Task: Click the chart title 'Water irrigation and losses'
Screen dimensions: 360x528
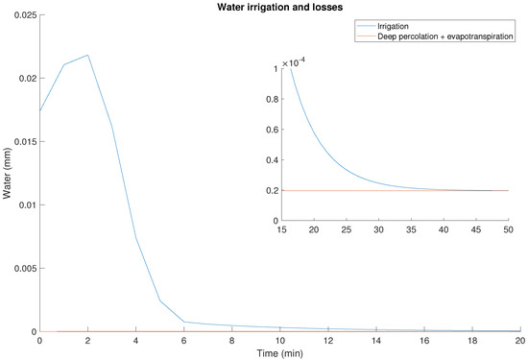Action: [279, 8]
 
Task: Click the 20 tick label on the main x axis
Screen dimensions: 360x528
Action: [519, 340]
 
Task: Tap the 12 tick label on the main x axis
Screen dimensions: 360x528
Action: [328, 340]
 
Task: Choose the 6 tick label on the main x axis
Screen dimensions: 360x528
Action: [184, 340]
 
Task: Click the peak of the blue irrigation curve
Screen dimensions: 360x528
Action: [88, 55]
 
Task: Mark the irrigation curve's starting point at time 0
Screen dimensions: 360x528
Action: [40, 110]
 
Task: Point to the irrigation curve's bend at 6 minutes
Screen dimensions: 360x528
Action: [184, 322]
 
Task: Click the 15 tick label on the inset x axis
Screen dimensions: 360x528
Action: [282, 230]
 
